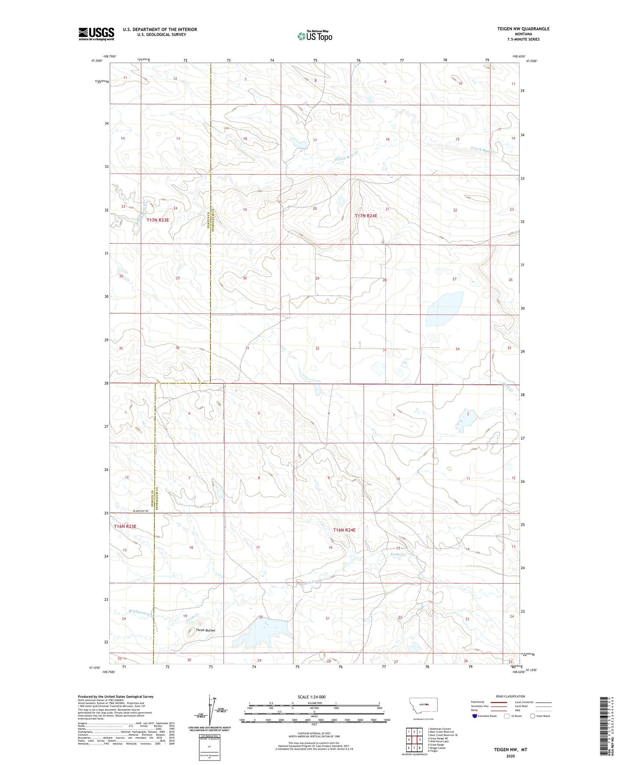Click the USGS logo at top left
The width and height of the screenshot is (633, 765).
pyautogui.click(x=96, y=34)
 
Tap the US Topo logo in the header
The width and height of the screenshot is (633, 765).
pyautogui.click(x=315, y=36)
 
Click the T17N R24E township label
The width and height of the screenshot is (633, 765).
pyautogui.click(x=366, y=216)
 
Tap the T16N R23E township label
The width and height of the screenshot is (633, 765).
pyautogui.click(x=125, y=526)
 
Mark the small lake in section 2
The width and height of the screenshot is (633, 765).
pyautogui.click(x=462, y=421)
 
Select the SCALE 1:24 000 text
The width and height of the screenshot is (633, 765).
pyautogui.click(x=311, y=697)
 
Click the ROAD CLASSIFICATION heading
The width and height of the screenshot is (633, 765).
pyautogui.click(x=511, y=696)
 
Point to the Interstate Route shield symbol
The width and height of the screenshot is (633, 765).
pyautogui.click(x=475, y=716)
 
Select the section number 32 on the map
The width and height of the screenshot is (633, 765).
pyautogui.click(x=317, y=348)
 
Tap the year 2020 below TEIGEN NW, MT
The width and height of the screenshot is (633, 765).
pyautogui.click(x=510, y=756)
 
